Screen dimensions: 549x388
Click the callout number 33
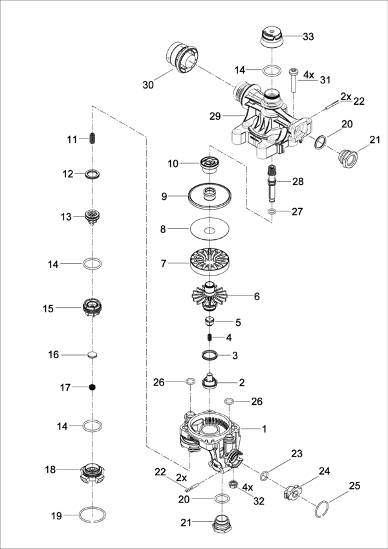pyautogui.click(x=308, y=37)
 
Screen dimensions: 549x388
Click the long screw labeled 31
pyautogui.click(x=294, y=80)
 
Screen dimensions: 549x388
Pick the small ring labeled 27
pyautogui.click(x=274, y=211)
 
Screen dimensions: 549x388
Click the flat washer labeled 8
pyautogui.click(x=211, y=230)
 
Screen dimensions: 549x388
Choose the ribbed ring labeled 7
pyautogui.click(x=211, y=263)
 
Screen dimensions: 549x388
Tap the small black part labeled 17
pyautogui.click(x=93, y=387)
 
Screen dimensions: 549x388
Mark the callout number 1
pyautogui.click(x=263, y=429)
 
